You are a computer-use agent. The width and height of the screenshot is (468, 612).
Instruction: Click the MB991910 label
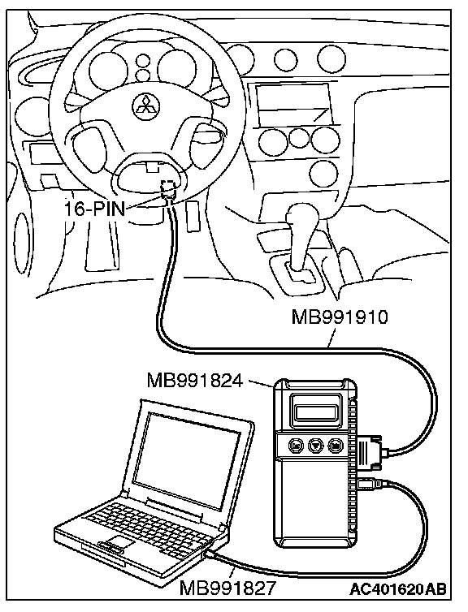pyautogui.click(x=340, y=317)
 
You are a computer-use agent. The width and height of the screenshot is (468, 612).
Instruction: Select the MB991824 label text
pyautogui.click(x=195, y=380)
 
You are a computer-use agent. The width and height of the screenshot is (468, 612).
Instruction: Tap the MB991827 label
pyautogui.click(x=227, y=588)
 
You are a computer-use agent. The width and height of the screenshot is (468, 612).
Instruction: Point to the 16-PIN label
pyautogui.click(x=94, y=210)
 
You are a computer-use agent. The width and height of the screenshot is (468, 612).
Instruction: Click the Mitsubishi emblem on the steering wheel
pyautogui.click(x=145, y=104)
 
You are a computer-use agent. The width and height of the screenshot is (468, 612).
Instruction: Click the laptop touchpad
pyautogui.click(x=122, y=541)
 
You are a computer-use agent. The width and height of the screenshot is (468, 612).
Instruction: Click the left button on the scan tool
pyautogui.click(x=296, y=445)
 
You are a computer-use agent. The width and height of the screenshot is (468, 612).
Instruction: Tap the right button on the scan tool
pyautogui.click(x=336, y=445)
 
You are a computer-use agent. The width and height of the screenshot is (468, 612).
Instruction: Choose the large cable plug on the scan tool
pyautogui.click(x=370, y=453)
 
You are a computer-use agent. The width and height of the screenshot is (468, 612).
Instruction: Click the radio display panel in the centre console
pyautogui.click(x=292, y=103)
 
